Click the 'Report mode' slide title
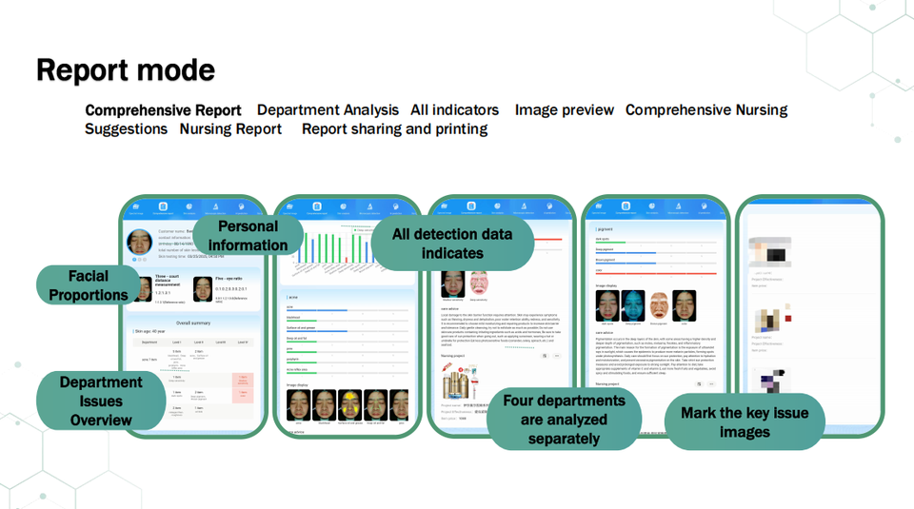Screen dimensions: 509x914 click(x=126, y=69)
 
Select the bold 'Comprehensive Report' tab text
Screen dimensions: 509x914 click(x=163, y=110)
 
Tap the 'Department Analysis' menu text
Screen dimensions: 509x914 click(x=328, y=110)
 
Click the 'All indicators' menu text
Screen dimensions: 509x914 click(x=455, y=110)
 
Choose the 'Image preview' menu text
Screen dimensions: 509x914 click(x=565, y=110)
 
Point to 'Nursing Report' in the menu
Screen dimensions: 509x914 click(x=230, y=129)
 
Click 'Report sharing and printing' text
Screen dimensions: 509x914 click(x=394, y=129)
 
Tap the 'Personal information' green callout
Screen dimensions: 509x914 click(x=248, y=236)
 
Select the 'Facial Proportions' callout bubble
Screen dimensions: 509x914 click(x=89, y=285)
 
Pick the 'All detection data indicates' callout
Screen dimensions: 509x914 click(x=452, y=244)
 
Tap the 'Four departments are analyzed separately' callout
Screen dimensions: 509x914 click(x=565, y=420)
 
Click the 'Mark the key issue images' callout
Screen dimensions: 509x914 click(x=745, y=422)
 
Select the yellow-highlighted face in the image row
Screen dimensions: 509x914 click(x=350, y=405)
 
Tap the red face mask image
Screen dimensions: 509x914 click(x=479, y=284)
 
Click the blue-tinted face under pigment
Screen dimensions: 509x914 click(x=633, y=305)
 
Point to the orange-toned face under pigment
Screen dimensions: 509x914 click(x=659, y=305)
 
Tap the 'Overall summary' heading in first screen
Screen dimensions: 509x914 click(x=192, y=323)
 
